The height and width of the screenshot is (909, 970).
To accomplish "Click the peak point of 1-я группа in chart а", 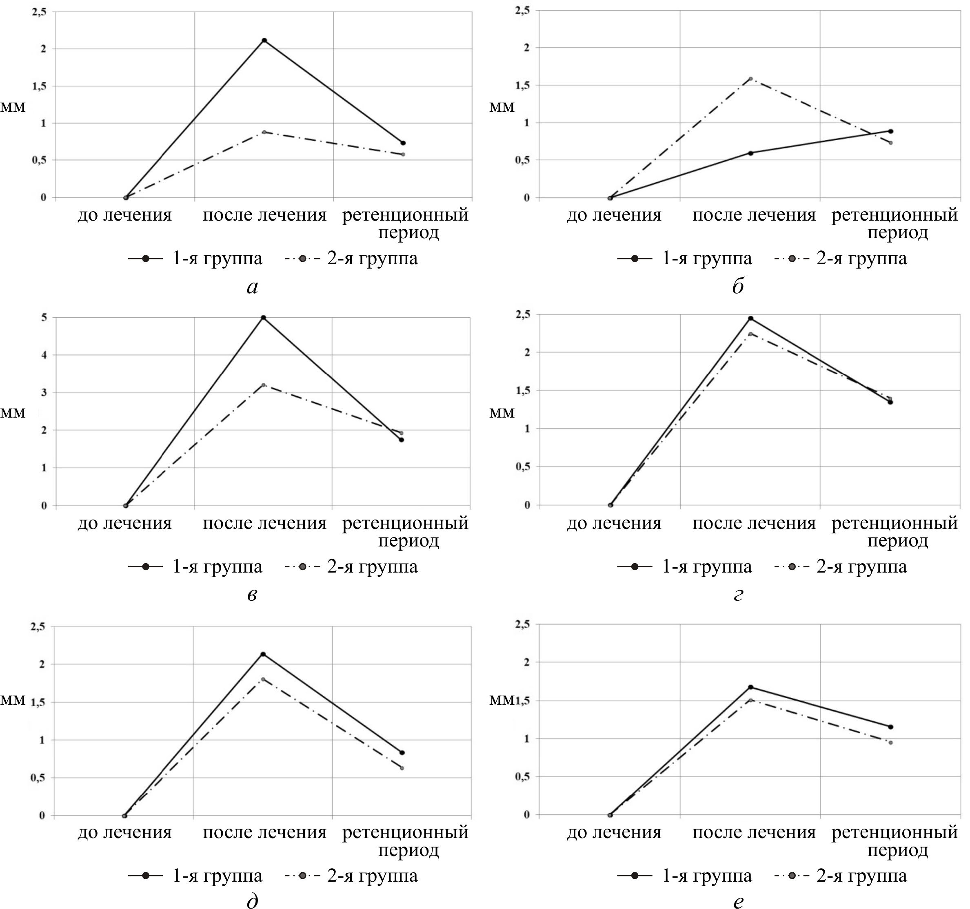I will click(x=264, y=40).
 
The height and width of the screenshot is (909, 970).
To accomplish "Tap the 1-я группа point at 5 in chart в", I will click(x=264, y=317).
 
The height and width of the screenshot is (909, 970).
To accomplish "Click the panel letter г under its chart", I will click(x=738, y=594).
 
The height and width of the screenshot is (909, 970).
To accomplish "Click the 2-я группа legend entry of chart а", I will click(x=351, y=259).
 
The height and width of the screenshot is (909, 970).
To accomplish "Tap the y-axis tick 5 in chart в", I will click(x=44, y=317).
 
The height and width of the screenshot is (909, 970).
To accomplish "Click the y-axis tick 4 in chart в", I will click(x=44, y=355).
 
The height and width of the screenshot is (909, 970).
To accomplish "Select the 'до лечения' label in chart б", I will click(x=614, y=215).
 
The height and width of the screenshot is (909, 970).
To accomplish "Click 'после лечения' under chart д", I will click(x=264, y=832).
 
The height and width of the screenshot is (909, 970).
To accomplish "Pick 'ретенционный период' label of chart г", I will click(x=895, y=531).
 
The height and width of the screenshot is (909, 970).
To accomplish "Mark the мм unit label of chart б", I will click(x=502, y=107).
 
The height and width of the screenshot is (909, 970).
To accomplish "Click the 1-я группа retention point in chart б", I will click(x=890, y=131).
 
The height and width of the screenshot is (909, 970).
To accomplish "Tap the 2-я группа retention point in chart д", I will click(x=402, y=768).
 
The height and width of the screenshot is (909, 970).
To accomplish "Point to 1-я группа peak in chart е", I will click(x=750, y=687).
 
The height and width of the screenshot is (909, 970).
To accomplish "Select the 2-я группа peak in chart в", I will click(x=264, y=385).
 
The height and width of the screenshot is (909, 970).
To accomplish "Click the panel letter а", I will click(x=252, y=287).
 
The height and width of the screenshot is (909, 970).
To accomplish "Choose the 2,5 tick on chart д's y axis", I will click(x=38, y=627).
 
